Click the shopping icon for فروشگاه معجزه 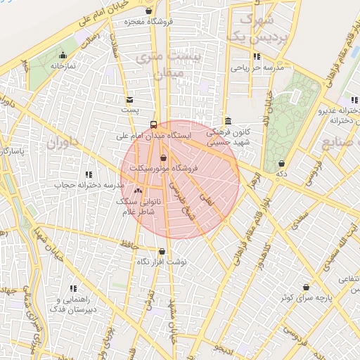point(148,11)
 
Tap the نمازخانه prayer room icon point(64,55)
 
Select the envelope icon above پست point(129,100)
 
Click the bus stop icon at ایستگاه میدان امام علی point(154,125)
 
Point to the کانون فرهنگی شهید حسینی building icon point(227,122)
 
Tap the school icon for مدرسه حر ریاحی point(257,56)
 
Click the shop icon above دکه point(281,163)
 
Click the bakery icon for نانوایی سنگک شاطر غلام point(137,191)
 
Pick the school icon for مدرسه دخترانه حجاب point(89,174)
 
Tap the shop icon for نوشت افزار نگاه point(162,251)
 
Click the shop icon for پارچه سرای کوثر point(307,287)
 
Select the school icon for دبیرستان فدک point(72,288)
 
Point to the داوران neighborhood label point(61,143)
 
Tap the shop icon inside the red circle point(164,158)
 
